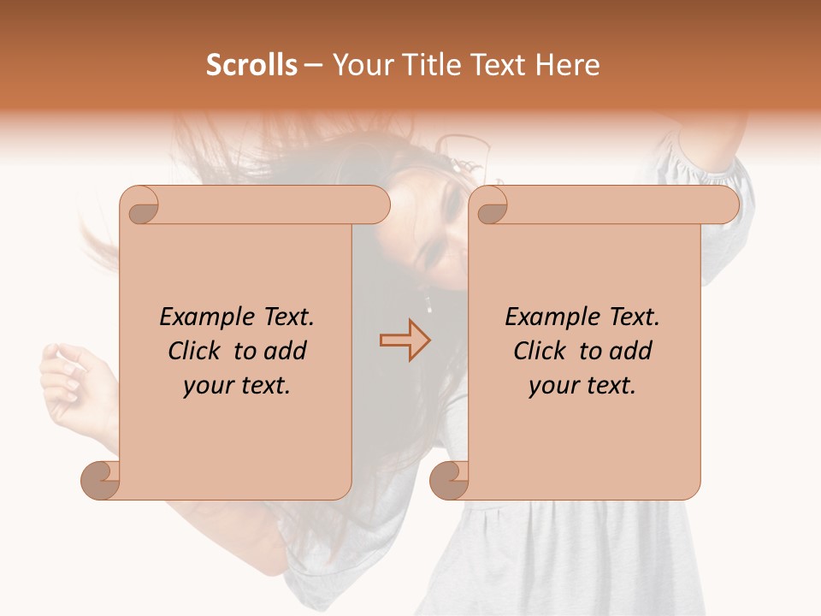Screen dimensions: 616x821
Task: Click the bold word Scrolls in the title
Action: (x=251, y=65)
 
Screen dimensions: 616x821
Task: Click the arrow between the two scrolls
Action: (x=405, y=340)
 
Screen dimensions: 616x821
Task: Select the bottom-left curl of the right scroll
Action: (x=450, y=480)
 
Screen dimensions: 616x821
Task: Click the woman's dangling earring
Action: (x=428, y=304)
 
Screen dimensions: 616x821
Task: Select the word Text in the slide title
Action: (x=498, y=65)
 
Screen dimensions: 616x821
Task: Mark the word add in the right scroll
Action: (x=631, y=352)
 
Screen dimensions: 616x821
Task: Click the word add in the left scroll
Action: (x=286, y=352)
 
